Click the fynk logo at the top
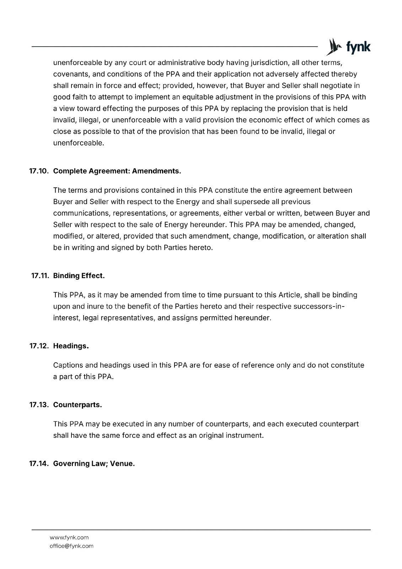tap(348, 47)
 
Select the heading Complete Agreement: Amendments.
tap(117, 171)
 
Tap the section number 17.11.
tap(40, 276)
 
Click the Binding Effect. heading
tap(79, 276)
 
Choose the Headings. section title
tap(71, 346)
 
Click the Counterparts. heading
tap(77, 405)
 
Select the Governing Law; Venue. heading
tap(94, 464)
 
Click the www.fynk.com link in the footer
tap(69, 537)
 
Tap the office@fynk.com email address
tap(71, 546)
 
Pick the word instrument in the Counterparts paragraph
tap(245, 435)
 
